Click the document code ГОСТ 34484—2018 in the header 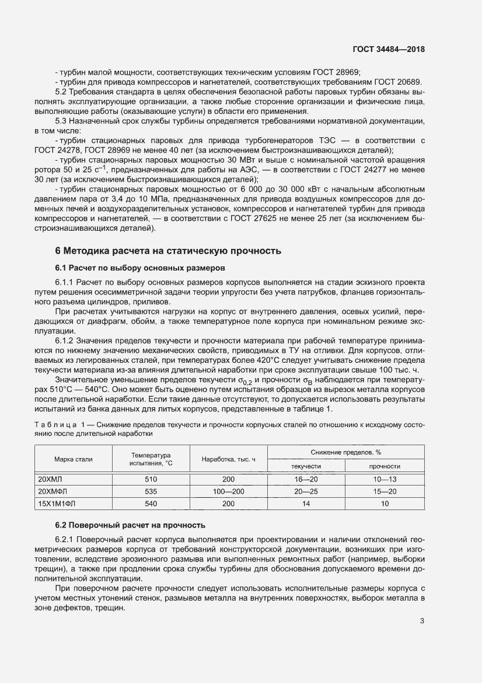click(x=390, y=50)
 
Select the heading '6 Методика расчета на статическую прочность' click(x=168, y=251)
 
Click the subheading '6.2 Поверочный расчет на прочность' click(x=130, y=525)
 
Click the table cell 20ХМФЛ click(x=53, y=491)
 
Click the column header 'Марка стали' click(x=73, y=459)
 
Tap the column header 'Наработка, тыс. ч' click(x=229, y=459)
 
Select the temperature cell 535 click(x=151, y=491)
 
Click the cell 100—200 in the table click(x=229, y=491)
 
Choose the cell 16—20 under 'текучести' click(x=306, y=479)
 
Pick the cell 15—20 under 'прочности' click(x=385, y=491)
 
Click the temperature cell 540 click(x=151, y=504)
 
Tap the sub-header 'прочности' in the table click(x=385, y=466)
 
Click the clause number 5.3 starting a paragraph click(x=61, y=121)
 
